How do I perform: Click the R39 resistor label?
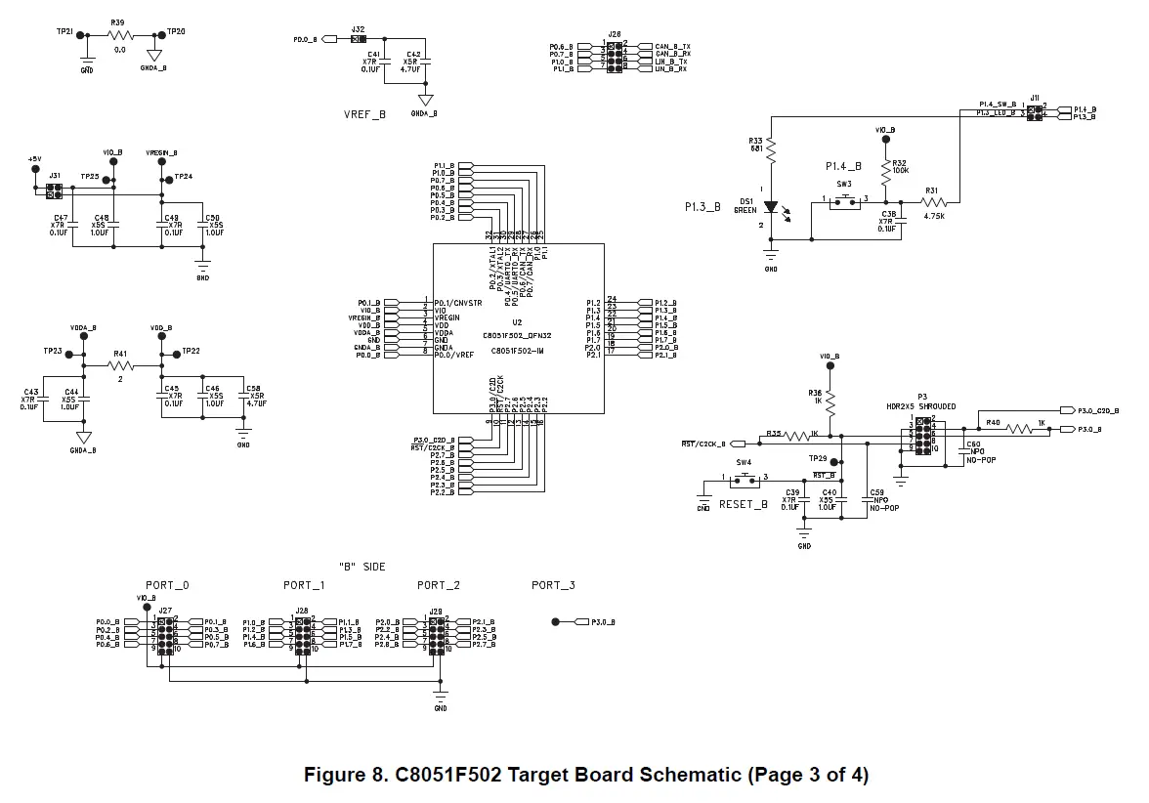coord(117,21)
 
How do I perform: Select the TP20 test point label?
coord(176,31)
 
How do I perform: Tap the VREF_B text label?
coord(364,114)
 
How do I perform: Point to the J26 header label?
coord(614,34)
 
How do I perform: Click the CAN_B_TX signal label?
coord(672,47)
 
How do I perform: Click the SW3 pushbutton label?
coord(843,184)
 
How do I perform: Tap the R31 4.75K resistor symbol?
coord(932,202)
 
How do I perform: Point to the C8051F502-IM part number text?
coord(517,350)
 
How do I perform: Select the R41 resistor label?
coord(120,353)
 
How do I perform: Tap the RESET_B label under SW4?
coord(744,504)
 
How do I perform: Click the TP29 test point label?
coord(818,457)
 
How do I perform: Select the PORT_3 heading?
coord(553,585)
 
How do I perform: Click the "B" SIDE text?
coord(362,567)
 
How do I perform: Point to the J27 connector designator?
coord(165,612)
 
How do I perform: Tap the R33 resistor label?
coord(756,141)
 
